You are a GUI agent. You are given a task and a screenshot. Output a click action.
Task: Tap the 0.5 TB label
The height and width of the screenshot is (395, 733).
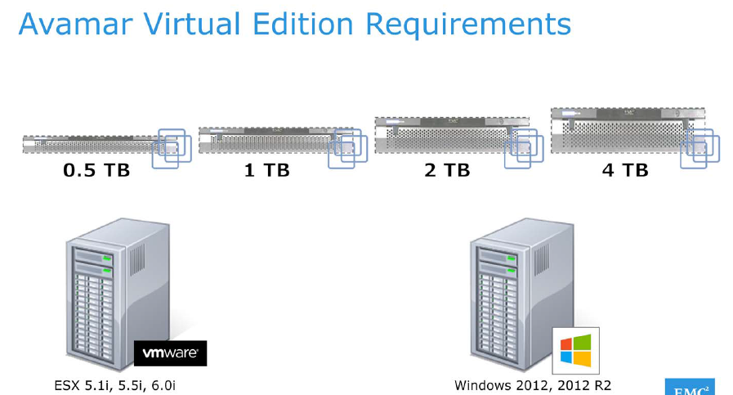coord(96,171)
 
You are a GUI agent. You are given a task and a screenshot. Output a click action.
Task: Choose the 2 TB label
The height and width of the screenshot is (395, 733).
coord(446,171)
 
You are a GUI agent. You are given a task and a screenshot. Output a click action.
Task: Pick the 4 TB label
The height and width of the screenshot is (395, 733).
coord(624,171)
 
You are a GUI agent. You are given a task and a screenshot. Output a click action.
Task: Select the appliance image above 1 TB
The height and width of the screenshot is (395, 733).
coord(266,140)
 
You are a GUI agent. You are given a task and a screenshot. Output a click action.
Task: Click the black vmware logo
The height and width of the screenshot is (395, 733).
coord(170,353)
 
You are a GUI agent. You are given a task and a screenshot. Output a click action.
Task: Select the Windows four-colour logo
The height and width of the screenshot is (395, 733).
coord(576,350)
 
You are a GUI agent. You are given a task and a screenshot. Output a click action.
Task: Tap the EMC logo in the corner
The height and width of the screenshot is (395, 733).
coord(690,388)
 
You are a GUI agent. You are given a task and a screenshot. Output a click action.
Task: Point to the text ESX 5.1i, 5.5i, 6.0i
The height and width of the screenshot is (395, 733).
coord(114,384)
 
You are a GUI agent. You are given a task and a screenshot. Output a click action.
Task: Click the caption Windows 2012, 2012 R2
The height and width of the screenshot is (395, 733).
coord(533,384)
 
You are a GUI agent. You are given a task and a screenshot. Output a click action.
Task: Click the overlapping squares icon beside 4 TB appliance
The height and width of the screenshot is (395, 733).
coord(700,149)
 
